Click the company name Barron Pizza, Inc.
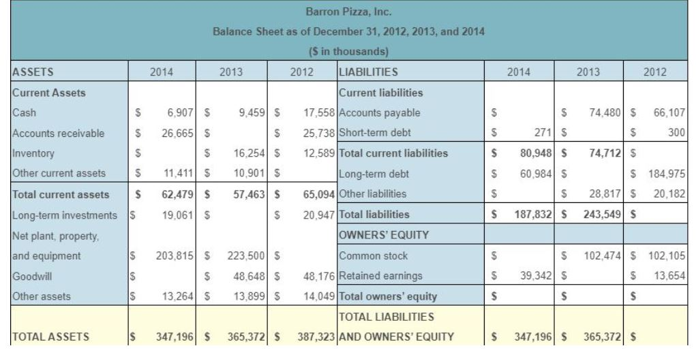click(348, 12)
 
